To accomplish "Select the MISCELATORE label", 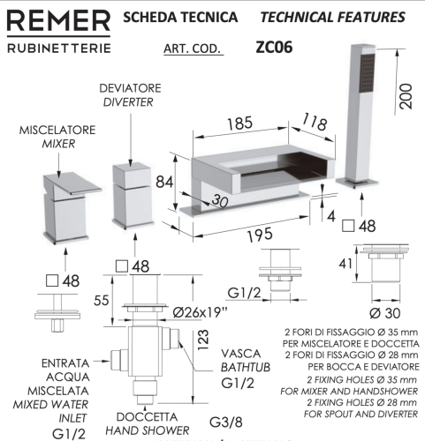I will click(x=55, y=130).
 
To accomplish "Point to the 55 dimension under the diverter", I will click(x=102, y=300).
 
